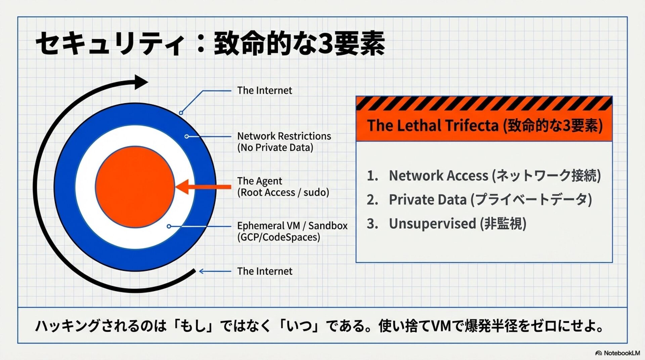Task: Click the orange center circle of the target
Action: click(135, 187)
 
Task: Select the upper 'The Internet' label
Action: click(264, 90)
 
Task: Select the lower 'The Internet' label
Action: click(264, 271)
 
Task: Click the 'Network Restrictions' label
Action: click(284, 136)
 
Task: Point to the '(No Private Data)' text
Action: click(275, 147)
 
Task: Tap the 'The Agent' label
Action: click(259, 181)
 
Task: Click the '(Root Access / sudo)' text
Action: click(283, 192)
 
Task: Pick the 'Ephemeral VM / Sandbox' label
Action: click(292, 226)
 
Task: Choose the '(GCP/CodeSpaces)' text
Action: click(278, 237)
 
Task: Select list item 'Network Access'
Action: click(438, 176)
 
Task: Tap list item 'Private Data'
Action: click(428, 200)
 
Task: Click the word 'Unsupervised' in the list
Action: click(432, 224)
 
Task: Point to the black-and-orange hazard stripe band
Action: click(484, 103)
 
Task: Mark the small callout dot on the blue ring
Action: click(181, 113)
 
